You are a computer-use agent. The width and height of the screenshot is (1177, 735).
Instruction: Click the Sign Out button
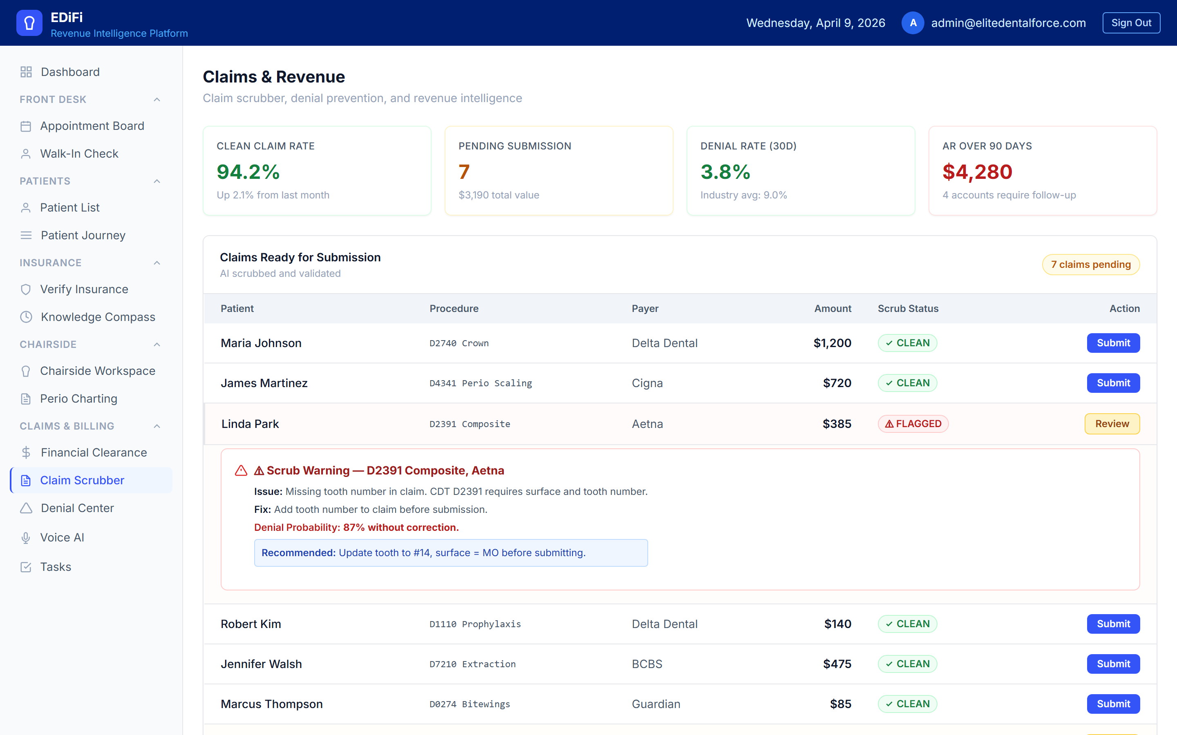click(x=1131, y=23)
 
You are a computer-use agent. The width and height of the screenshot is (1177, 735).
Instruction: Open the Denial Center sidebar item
click(x=77, y=508)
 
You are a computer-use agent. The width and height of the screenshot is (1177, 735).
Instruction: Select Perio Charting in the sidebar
click(x=78, y=399)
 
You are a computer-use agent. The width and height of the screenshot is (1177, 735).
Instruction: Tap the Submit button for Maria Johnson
click(x=1113, y=343)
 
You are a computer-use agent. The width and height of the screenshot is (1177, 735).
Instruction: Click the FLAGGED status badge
click(x=913, y=424)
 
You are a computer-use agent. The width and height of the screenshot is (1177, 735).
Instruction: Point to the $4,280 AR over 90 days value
click(x=977, y=171)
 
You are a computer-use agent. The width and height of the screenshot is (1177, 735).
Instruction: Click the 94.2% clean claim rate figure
click(x=248, y=171)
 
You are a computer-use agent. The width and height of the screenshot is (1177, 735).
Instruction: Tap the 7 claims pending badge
click(x=1090, y=265)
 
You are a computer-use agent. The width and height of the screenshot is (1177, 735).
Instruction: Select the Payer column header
click(x=645, y=309)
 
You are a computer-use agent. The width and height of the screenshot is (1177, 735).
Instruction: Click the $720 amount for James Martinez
click(x=837, y=383)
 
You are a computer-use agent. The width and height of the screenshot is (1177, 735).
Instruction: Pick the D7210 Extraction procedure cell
click(x=472, y=664)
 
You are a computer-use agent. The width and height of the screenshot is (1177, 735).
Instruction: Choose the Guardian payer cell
click(x=656, y=704)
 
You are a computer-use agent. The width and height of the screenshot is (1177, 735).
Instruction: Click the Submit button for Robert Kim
click(x=1113, y=624)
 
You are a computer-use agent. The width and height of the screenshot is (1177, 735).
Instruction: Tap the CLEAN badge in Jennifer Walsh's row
click(x=907, y=664)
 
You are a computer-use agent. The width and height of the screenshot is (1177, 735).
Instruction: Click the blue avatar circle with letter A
click(x=913, y=23)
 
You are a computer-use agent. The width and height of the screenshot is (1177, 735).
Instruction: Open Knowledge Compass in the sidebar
click(x=98, y=317)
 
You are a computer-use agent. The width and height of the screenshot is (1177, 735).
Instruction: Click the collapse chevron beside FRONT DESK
click(x=157, y=100)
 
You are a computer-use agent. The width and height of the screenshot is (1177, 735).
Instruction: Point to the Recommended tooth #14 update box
click(x=450, y=553)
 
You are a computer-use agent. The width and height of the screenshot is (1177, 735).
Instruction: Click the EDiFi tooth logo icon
click(x=29, y=23)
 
